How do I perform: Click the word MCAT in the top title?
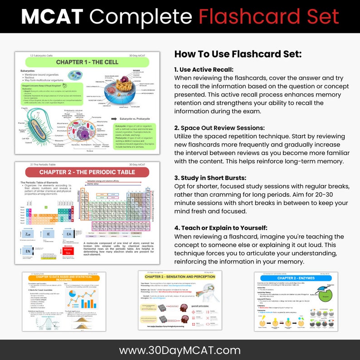click(52, 17)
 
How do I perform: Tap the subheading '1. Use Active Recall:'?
click(204, 70)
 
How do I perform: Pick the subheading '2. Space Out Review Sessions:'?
click(219, 128)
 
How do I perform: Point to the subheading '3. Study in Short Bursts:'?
click(211, 178)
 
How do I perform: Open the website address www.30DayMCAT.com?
click(180, 350)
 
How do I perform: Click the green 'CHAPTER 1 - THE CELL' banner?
click(87, 62)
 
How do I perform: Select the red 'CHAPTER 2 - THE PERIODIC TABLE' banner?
click(87, 172)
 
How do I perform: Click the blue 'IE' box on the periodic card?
click(49, 234)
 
